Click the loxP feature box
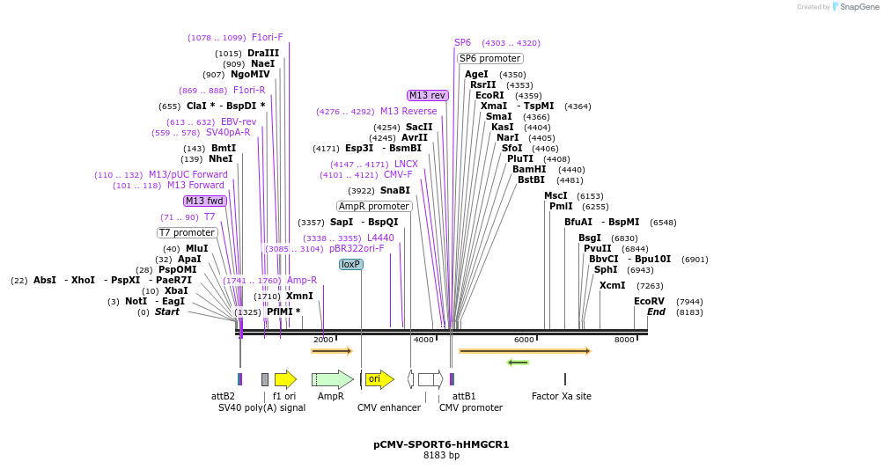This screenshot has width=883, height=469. [x=351, y=264]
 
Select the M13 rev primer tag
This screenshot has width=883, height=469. [x=427, y=95]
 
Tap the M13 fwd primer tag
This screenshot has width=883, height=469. [x=204, y=201]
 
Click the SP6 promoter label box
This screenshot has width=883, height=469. [x=490, y=58]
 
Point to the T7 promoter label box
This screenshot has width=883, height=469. [x=187, y=232]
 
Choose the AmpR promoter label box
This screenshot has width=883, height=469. [x=374, y=206]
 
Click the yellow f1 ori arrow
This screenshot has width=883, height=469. [x=285, y=379]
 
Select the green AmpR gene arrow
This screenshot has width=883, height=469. [x=332, y=379]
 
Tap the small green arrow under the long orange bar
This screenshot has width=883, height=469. [x=518, y=363]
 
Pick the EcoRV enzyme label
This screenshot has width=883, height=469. [x=649, y=301]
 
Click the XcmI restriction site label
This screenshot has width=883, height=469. [x=612, y=285]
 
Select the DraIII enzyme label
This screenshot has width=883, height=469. [x=263, y=53]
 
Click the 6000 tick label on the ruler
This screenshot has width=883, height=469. [x=524, y=340]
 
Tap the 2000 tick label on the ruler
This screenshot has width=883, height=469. [x=323, y=340]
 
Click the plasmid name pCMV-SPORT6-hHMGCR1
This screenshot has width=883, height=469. [x=441, y=444]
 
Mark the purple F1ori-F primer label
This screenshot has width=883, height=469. [x=268, y=37]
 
